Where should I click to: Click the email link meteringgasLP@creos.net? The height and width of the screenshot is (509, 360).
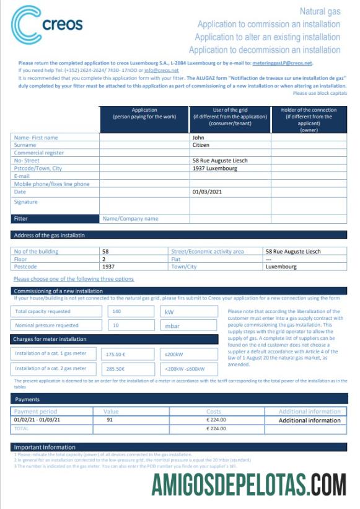[x=283, y=63]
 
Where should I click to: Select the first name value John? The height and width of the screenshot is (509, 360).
[x=198, y=138]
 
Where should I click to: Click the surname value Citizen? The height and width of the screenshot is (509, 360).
[x=201, y=145]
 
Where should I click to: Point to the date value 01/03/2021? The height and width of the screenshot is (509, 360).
[x=208, y=192]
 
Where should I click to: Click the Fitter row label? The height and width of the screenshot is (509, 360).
[x=21, y=218]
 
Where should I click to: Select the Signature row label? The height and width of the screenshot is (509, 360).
[x=25, y=202]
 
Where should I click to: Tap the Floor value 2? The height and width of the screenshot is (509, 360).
[x=104, y=259]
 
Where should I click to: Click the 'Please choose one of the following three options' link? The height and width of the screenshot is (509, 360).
[x=73, y=279]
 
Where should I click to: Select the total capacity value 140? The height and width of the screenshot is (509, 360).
[x=116, y=312]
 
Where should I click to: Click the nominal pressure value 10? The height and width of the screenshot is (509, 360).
[x=115, y=325]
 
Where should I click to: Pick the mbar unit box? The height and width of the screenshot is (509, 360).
[x=189, y=325]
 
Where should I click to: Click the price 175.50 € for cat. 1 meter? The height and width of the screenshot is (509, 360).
[x=116, y=354]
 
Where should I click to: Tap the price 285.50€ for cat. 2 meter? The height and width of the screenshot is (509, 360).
[x=116, y=369]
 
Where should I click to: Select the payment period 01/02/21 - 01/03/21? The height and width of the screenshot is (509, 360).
[x=37, y=420]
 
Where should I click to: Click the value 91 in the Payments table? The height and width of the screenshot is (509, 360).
[x=110, y=420]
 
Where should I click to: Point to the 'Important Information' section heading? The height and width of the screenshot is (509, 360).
[x=45, y=447]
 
